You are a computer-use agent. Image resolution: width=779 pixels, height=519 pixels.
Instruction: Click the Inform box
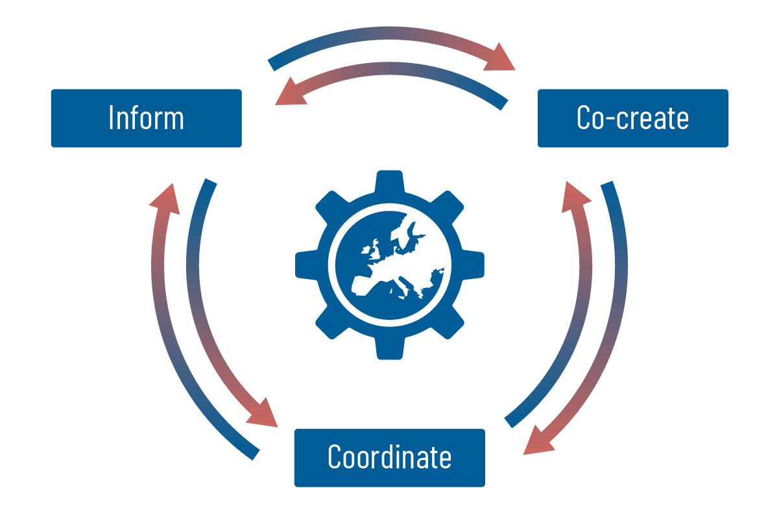pyautogui.click(x=146, y=118)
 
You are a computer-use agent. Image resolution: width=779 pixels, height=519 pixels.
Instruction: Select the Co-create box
pyautogui.click(x=632, y=118)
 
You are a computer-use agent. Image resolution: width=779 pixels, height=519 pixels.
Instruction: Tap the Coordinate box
pyautogui.click(x=389, y=457)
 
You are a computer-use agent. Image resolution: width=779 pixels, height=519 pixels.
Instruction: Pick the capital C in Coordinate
pyautogui.click(x=335, y=457)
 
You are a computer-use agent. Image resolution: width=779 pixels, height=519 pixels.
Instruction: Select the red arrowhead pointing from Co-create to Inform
pyautogui.click(x=287, y=94)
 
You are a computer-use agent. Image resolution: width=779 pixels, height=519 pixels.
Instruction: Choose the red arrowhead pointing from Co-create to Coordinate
pyautogui.click(x=538, y=441)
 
